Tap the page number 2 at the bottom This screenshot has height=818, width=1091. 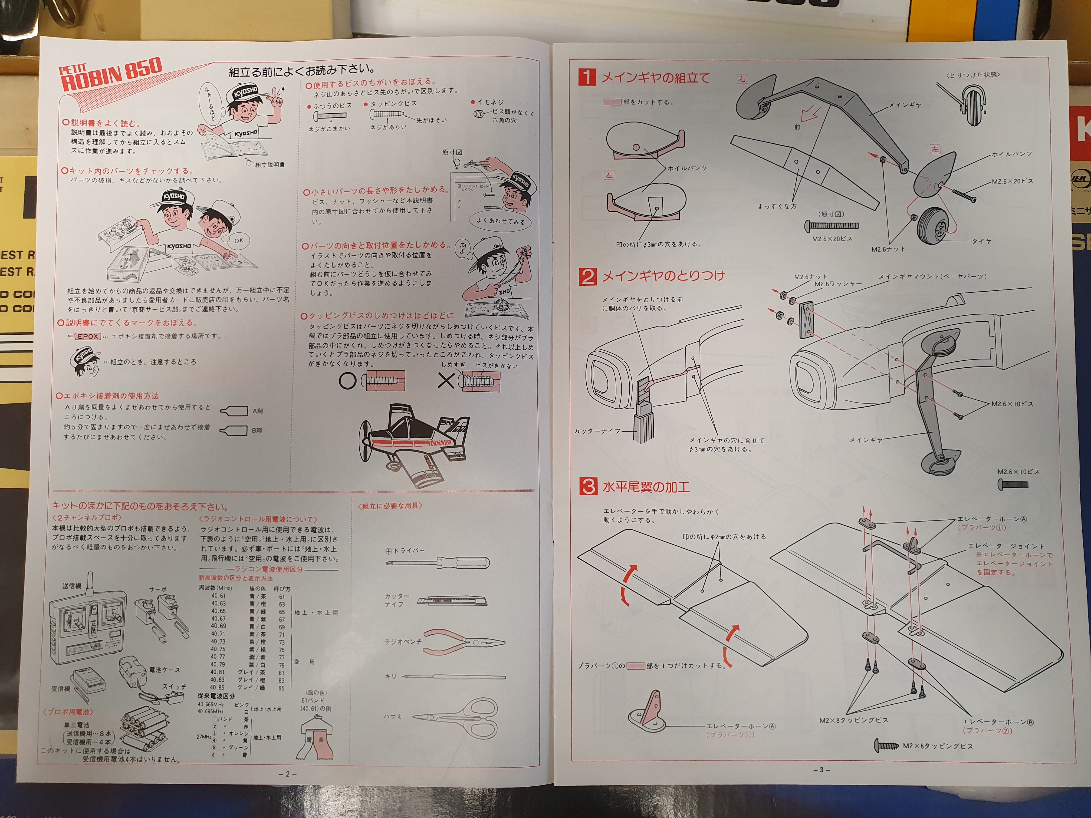288,774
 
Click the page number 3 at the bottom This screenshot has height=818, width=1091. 821,770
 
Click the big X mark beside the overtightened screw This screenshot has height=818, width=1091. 446,381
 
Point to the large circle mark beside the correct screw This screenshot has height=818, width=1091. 347,381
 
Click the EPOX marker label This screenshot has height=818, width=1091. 87,336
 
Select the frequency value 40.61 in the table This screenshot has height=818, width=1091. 218,596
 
